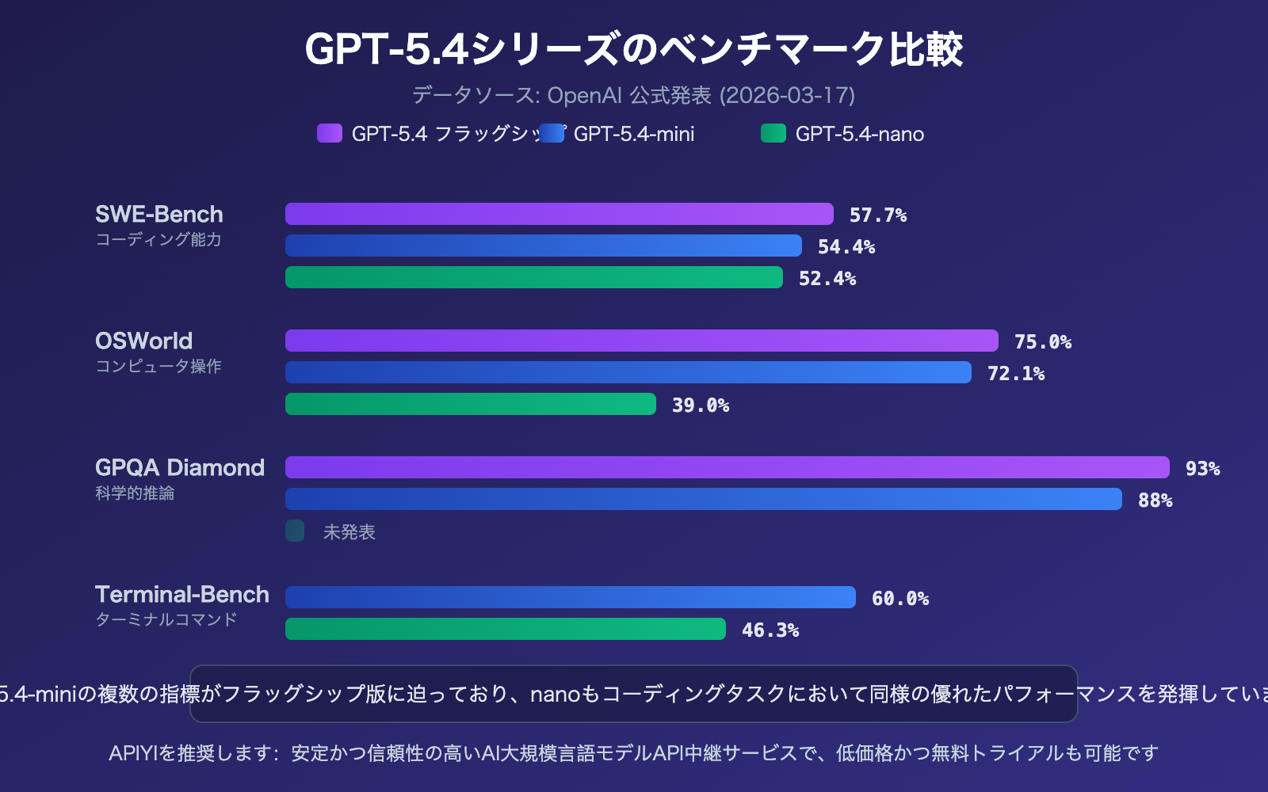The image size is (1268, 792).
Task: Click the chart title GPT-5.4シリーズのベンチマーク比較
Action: pyautogui.click(x=634, y=49)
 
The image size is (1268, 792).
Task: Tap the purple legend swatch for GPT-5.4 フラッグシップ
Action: pyautogui.click(x=330, y=133)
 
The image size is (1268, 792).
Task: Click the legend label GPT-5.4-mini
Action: pyautogui.click(x=634, y=134)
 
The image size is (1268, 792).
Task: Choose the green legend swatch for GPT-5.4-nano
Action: pyautogui.click(x=773, y=133)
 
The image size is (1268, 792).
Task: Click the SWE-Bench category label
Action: pyautogui.click(x=159, y=215)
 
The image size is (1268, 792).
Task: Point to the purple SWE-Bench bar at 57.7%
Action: pyautogui.click(x=560, y=214)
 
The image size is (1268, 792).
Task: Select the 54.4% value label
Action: pyautogui.click(x=846, y=247)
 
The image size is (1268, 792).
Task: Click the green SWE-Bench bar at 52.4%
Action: pyautogui.click(x=534, y=277)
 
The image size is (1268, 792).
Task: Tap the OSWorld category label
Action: pyautogui.click(x=144, y=341)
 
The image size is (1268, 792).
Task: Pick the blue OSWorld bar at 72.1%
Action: pyautogui.click(x=628, y=372)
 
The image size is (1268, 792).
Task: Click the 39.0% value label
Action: pyautogui.click(x=701, y=406)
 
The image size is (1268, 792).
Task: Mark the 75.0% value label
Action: pyautogui.click(x=1043, y=342)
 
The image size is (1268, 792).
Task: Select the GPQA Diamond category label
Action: pyautogui.click(x=180, y=468)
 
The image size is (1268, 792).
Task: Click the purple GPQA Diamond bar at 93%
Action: pyautogui.click(x=728, y=467)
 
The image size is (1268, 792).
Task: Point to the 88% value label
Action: pyautogui.click(x=1155, y=501)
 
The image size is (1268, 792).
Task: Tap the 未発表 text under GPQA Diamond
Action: pyautogui.click(x=349, y=532)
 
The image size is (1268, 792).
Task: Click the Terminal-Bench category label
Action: pyautogui.click(x=182, y=595)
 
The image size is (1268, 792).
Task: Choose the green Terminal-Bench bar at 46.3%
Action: pyautogui.click(x=506, y=629)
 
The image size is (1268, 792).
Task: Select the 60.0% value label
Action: pyautogui.click(x=900, y=599)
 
